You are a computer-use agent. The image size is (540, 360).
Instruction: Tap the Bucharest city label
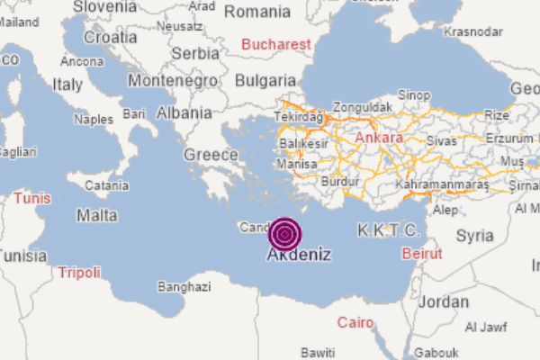276,44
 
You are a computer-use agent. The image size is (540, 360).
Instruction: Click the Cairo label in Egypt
355,322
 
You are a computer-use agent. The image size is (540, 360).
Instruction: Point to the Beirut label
422,254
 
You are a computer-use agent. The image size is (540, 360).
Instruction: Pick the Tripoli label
79,272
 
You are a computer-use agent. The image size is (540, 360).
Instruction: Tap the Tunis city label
31,198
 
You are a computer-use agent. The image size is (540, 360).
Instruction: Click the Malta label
96,216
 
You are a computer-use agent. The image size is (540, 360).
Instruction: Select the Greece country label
211,155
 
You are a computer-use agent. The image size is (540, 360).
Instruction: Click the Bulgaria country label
265,80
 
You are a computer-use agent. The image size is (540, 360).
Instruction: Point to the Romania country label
257,12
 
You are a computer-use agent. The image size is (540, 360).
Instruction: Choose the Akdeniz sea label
299,255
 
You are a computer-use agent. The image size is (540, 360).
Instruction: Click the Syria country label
474,236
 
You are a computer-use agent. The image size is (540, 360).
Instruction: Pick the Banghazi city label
184,287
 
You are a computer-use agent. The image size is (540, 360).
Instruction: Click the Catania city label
106,185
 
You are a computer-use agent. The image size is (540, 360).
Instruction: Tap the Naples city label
94,118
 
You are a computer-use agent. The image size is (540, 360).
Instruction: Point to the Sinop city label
414,94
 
